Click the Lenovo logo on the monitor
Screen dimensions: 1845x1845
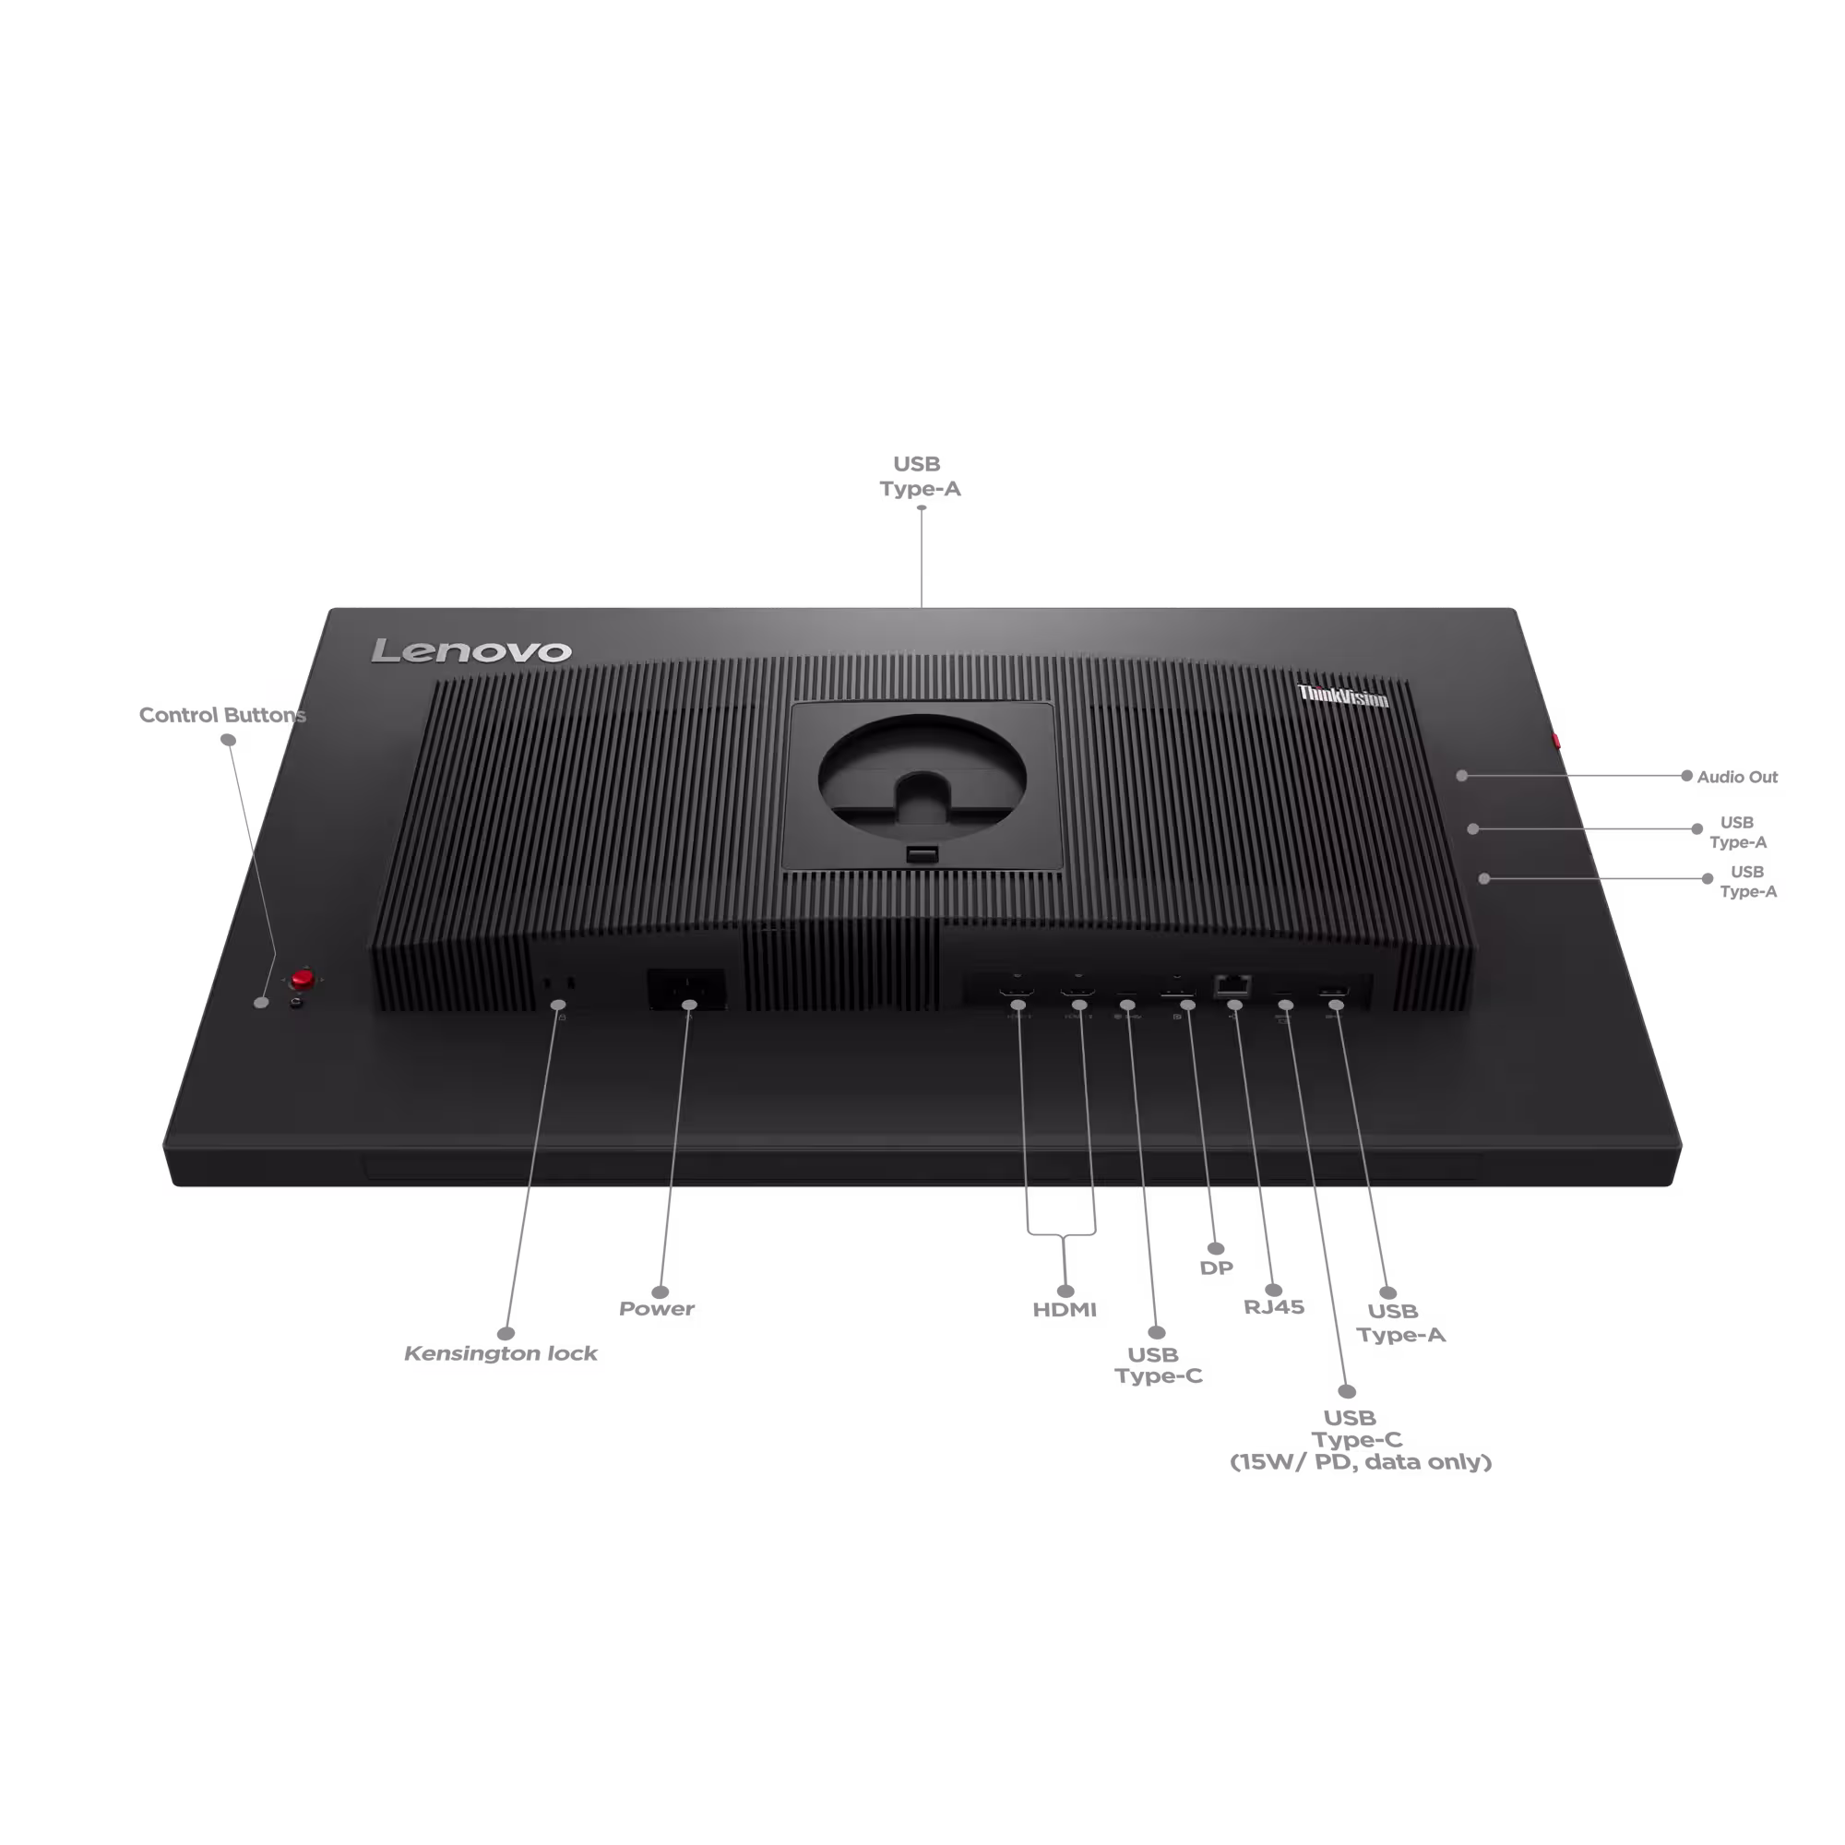470,650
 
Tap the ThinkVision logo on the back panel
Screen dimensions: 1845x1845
1342,696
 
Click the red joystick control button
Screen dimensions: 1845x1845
303,978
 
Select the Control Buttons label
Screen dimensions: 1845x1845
222,715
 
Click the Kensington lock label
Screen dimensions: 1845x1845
500,1353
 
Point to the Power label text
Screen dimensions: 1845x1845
657,1308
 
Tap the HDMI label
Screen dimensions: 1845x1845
1065,1309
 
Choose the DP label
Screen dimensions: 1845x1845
1217,1268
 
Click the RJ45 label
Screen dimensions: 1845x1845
1274,1306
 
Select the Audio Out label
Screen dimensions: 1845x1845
1737,778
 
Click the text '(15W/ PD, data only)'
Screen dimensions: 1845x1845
1361,1462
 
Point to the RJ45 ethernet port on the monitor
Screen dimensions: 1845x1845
1232,984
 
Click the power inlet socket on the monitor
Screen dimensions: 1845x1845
685,987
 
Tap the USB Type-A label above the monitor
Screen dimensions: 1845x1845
920,477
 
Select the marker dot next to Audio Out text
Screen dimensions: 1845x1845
1686,777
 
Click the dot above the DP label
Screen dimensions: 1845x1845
1216,1248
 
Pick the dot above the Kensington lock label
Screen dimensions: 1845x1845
506,1333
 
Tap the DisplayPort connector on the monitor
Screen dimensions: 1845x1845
1177,994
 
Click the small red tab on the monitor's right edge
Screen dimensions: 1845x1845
1555,740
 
